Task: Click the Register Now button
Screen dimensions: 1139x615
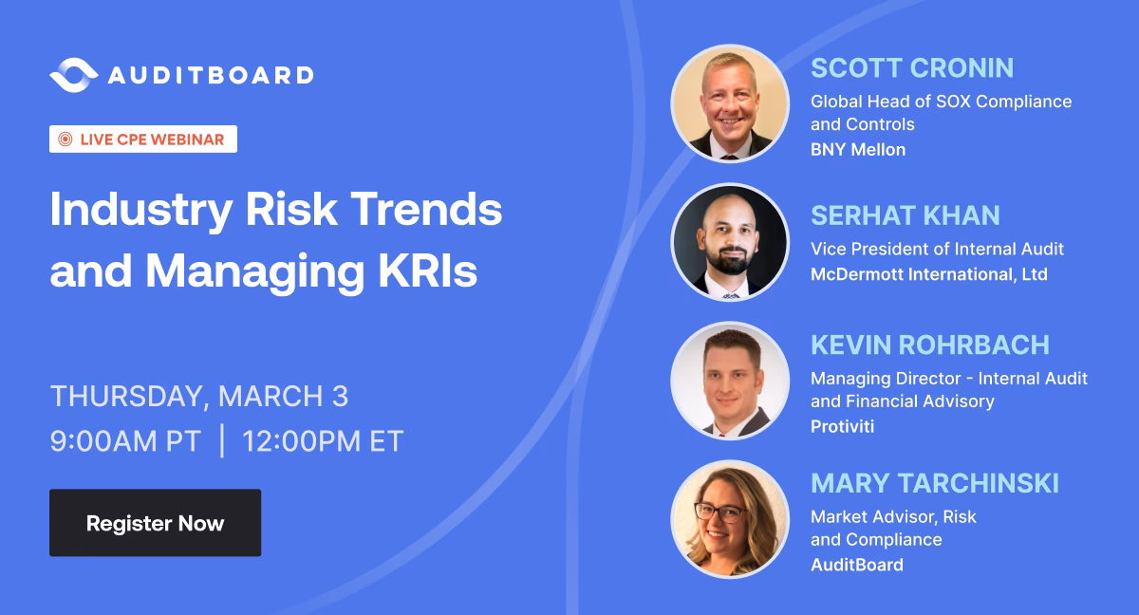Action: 155,523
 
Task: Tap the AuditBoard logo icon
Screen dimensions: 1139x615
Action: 74,75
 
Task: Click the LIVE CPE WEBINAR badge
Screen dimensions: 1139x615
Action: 143,139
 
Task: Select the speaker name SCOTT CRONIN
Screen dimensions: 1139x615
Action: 912,68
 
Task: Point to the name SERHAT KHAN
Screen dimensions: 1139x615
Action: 906,215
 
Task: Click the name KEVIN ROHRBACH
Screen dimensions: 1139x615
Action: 930,345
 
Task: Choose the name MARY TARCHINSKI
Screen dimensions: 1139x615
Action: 935,483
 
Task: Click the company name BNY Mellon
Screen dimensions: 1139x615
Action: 858,149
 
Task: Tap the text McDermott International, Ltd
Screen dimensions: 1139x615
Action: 929,274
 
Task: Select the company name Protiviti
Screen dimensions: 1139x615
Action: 843,426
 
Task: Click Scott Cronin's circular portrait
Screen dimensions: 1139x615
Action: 730,103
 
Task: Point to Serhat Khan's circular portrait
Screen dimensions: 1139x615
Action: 730,242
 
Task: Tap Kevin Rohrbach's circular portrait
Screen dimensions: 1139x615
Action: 730,381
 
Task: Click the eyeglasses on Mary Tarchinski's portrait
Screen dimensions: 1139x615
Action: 721,512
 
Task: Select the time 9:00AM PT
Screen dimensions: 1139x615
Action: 125,440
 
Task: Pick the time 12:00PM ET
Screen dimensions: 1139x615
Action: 323,440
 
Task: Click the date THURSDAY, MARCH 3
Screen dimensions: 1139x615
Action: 199,396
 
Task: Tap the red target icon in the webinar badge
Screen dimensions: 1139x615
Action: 65,139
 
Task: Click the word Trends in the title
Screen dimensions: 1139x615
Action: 426,210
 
